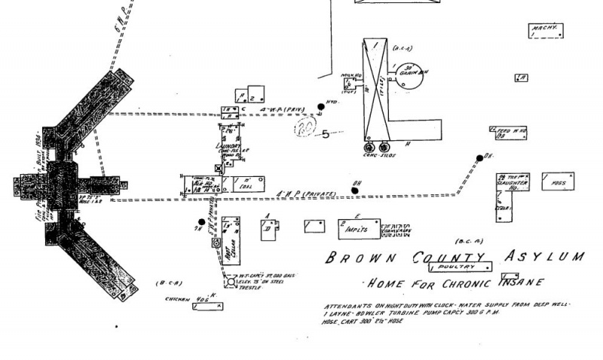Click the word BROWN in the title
(x=353, y=258)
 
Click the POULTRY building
(x=460, y=267)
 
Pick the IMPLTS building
(x=357, y=226)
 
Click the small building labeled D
(x=268, y=228)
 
